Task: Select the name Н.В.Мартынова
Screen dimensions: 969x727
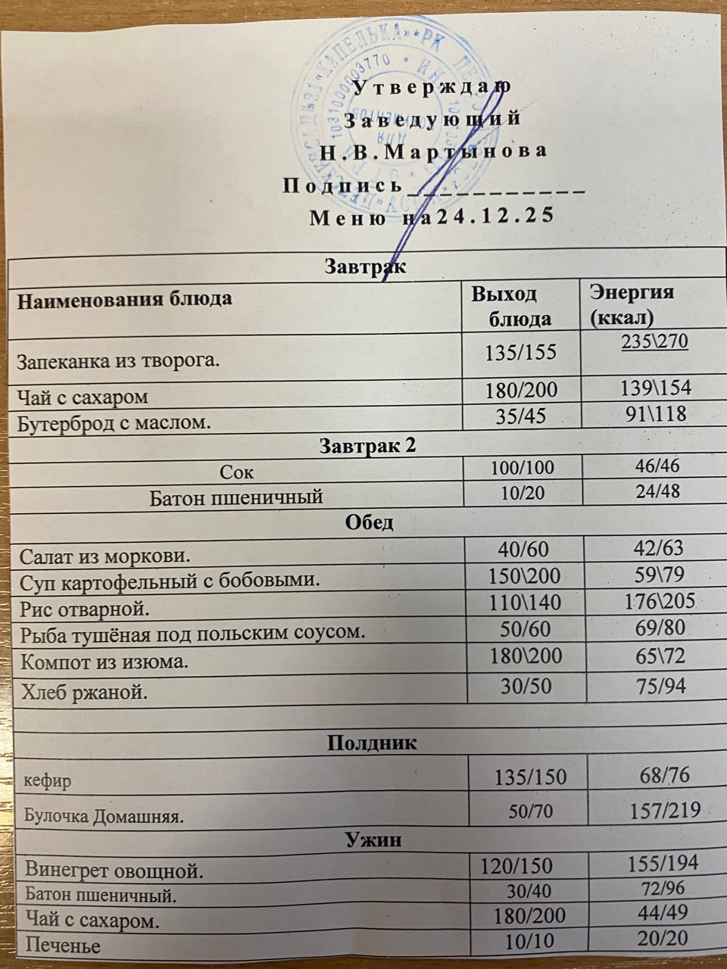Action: [432, 151]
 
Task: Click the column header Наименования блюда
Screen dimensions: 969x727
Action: [124, 299]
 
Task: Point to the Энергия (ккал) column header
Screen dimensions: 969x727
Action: [632, 304]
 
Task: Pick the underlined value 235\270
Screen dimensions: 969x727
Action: [654, 341]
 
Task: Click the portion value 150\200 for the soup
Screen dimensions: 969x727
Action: [526, 576]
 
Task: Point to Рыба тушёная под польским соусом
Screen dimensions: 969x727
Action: [192, 631]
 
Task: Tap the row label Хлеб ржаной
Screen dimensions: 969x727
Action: [83, 691]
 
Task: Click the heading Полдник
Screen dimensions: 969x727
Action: [371, 743]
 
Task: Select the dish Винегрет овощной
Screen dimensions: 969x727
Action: [114, 870]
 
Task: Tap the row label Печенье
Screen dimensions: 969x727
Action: [63, 946]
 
